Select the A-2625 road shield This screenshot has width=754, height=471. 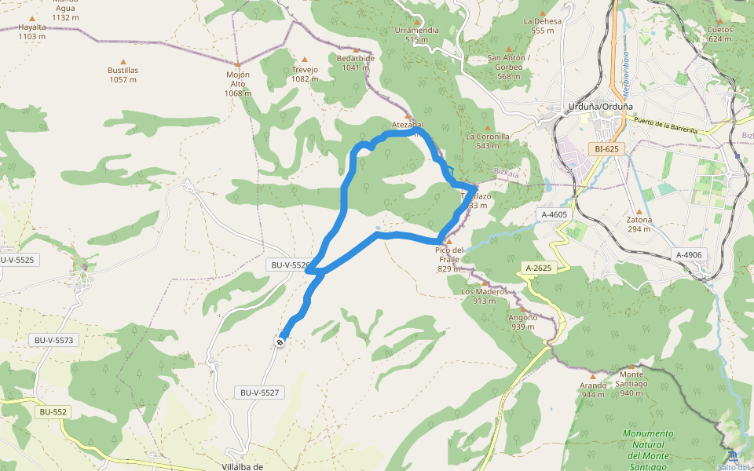click(x=537, y=268)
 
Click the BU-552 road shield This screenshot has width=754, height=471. click(x=53, y=411)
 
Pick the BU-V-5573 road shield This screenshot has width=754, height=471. click(x=53, y=340)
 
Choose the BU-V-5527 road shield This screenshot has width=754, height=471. click(x=259, y=392)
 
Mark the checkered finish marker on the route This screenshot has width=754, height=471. click(x=280, y=341)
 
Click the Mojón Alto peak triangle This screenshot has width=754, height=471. click(x=238, y=64)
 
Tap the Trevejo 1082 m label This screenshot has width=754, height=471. click(x=305, y=74)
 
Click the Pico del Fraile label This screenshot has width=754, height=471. click(x=448, y=259)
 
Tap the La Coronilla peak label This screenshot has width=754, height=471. click(x=487, y=141)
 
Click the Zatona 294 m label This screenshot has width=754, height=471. click(x=639, y=224)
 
